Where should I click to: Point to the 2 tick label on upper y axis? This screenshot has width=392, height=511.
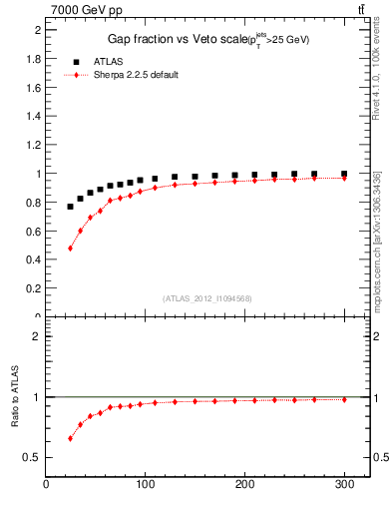37,30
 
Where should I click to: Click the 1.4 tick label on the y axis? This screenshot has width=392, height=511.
33,116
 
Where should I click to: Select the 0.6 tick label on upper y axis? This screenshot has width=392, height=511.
33,231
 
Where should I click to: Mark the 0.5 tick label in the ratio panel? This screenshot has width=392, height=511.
33,457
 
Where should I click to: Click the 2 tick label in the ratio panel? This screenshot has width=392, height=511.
37,336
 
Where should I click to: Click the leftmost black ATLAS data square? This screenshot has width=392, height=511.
70,207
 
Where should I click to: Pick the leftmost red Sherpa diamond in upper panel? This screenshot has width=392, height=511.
70,248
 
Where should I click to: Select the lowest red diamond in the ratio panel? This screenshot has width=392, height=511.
70,438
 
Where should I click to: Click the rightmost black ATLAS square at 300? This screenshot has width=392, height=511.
344,174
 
